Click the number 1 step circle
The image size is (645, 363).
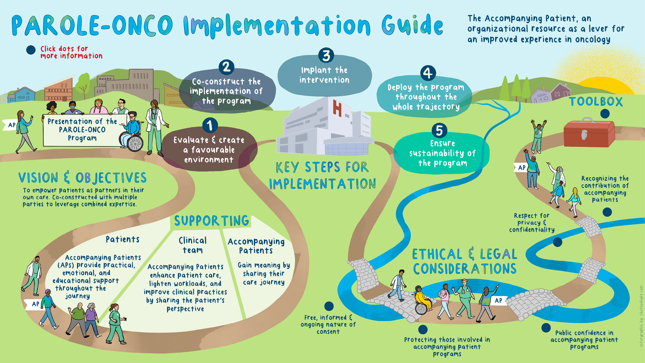tap(210, 125)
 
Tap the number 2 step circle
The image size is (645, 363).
tap(226, 67)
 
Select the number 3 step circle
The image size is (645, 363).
tap(326, 55)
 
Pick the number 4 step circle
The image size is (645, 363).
tap(428, 73)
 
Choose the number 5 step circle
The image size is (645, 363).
tap(439, 131)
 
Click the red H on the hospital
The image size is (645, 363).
tap(337, 108)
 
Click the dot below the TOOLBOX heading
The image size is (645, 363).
tap(605, 114)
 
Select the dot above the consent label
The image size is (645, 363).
tap(329, 306)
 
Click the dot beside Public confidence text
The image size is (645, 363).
tap(546, 328)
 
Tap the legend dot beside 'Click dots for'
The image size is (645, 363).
tap(31, 50)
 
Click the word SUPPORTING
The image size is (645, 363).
tap(212, 221)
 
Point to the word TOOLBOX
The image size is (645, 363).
tap(596, 102)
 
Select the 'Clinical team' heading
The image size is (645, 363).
tap(193, 245)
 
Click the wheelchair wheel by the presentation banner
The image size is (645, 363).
tap(135, 143)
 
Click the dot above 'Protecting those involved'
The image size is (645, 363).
tap(423, 329)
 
